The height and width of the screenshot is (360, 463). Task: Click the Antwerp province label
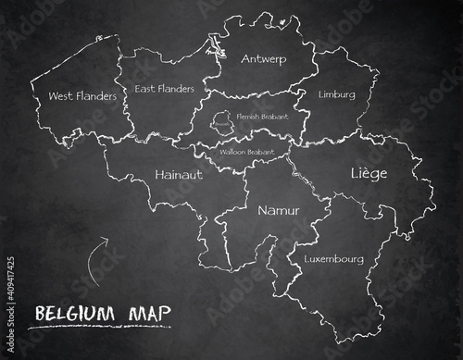[x=263, y=59]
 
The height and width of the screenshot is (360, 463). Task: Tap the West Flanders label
[x=82, y=95]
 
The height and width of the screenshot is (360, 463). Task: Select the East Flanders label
[x=164, y=89]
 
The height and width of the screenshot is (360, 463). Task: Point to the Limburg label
[x=336, y=94]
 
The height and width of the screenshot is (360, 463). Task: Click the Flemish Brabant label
[x=262, y=118]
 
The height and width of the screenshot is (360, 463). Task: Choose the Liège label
[x=369, y=173]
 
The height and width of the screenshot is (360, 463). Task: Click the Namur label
[x=279, y=210]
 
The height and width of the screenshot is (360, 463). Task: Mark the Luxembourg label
[x=333, y=259]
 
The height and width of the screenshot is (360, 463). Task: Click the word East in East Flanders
[x=144, y=90]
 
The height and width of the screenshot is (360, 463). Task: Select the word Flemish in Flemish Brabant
[x=249, y=118]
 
